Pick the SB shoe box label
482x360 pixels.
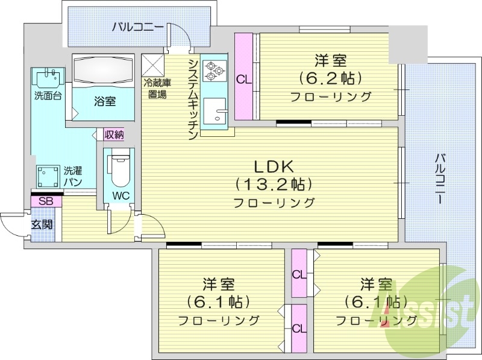[45, 201]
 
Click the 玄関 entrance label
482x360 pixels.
[42, 224]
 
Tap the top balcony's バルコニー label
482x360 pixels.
[137, 27]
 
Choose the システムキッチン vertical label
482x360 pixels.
[193, 100]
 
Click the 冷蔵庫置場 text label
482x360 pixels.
[155, 89]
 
